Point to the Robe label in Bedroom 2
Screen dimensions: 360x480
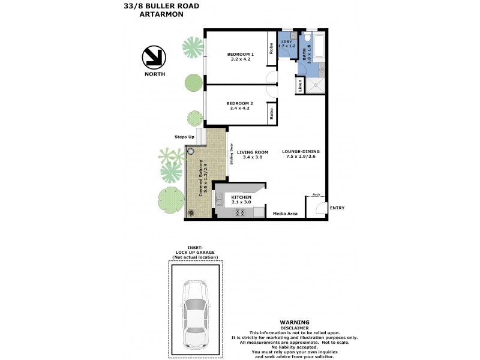pyautogui.click(x=271, y=112)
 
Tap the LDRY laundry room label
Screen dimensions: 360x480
pyautogui.click(x=286, y=43)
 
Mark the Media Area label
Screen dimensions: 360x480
pyautogui.click(x=285, y=213)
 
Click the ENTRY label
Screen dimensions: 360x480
pyautogui.click(x=337, y=208)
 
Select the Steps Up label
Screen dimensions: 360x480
pyautogui.click(x=184, y=137)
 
